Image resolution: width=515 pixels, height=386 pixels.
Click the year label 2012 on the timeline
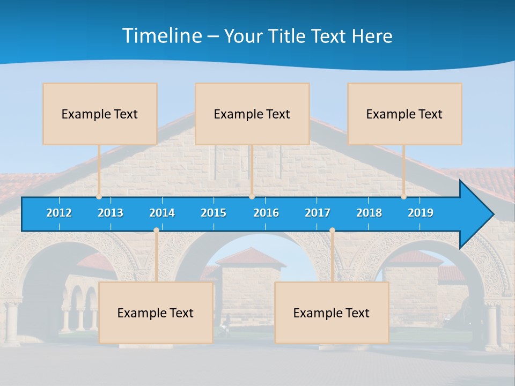pyautogui.click(x=59, y=213)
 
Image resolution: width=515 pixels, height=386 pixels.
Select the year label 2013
pyautogui.click(x=111, y=213)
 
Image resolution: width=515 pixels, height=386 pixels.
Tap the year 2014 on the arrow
pyautogui.click(x=162, y=213)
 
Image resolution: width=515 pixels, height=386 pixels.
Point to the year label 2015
pyautogui.click(x=214, y=213)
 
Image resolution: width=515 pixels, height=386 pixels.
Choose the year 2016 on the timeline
pyautogui.click(x=266, y=213)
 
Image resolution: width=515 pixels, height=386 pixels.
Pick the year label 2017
pyautogui.click(x=318, y=213)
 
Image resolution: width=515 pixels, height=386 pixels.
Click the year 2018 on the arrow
pyautogui.click(x=369, y=213)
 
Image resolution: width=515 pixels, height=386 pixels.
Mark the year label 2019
pyautogui.click(x=421, y=213)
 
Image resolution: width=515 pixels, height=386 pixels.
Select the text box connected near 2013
pyautogui.click(x=100, y=114)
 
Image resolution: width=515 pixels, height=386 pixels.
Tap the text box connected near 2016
pyautogui.click(x=252, y=114)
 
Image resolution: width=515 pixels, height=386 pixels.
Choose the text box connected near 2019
pyautogui.click(x=404, y=114)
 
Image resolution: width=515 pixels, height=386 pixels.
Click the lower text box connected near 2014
pyautogui.click(x=156, y=313)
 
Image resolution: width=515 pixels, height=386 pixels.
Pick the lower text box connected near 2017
pyautogui.click(x=332, y=313)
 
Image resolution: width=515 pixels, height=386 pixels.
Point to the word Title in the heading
pyautogui.click(x=289, y=36)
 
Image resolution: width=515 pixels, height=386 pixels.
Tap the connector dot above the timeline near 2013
pyautogui.click(x=99, y=197)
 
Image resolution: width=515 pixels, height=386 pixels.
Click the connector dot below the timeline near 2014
pyautogui.click(x=156, y=231)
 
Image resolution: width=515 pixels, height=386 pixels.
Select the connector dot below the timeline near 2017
pyautogui.click(x=332, y=231)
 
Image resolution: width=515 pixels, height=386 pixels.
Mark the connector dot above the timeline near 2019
pyautogui.click(x=404, y=197)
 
